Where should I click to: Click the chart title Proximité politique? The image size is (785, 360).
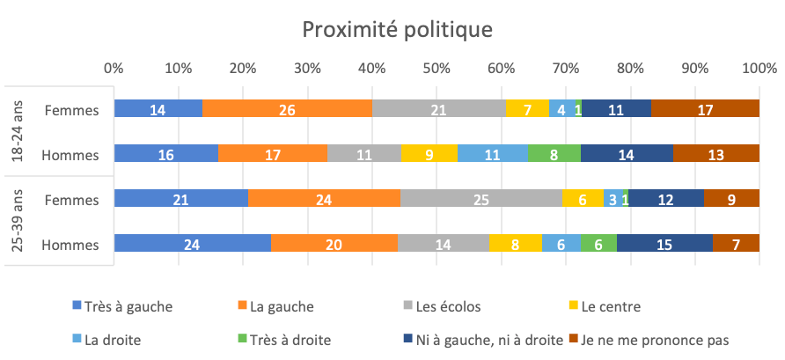[x=397, y=30]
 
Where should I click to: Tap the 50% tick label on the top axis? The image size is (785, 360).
[x=437, y=68]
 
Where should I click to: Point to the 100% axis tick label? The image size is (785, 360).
[x=758, y=68]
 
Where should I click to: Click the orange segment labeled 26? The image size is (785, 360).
[x=287, y=109]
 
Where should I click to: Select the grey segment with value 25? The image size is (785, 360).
[x=481, y=200]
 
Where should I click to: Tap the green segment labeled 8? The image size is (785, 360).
[x=554, y=154]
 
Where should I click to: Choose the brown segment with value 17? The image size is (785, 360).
[x=705, y=109]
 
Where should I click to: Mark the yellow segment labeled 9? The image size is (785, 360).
[x=429, y=154]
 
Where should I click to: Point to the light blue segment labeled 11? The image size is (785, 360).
[x=492, y=154]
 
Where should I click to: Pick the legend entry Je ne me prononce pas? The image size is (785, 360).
[x=660, y=338]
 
